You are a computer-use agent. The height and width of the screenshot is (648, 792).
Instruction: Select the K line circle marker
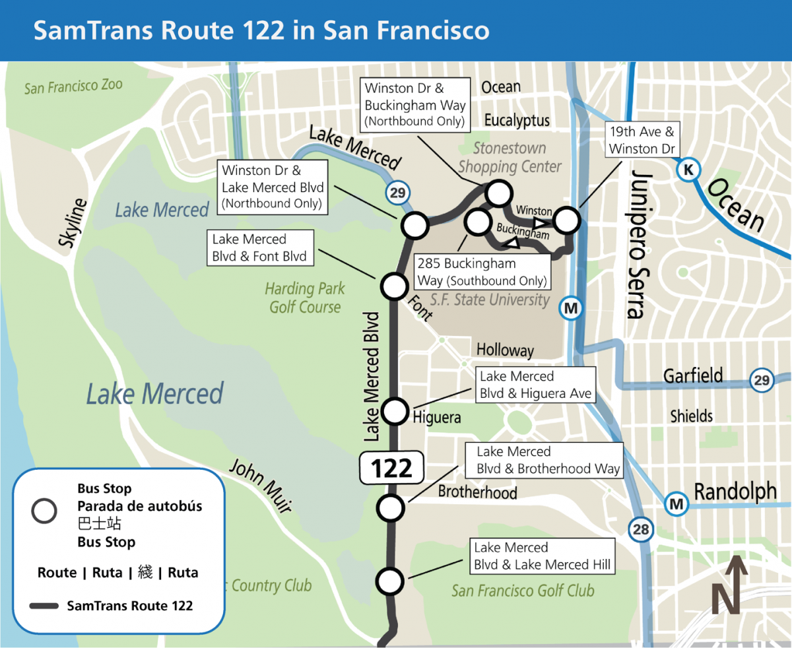(688, 170)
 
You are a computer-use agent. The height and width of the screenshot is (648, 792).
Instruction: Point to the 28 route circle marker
(640, 529)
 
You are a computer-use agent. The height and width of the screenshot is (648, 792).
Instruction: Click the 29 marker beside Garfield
(762, 380)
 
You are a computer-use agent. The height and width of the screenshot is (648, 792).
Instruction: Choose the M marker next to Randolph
(676, 504)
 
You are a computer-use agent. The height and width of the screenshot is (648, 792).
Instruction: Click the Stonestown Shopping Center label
(510, 158)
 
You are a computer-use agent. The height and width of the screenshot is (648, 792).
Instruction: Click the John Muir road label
(260, 486)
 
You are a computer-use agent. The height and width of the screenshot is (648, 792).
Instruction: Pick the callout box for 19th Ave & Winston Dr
(642, 140)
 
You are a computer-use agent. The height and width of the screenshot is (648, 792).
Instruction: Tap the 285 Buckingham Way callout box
(482, 273)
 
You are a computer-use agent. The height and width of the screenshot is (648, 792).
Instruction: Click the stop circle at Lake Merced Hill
(389, 581)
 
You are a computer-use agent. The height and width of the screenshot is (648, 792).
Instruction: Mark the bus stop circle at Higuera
(394, 411)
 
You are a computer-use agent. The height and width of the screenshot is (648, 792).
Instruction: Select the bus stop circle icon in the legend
(44, 511)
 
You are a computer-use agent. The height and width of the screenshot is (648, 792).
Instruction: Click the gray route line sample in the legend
(44, 605)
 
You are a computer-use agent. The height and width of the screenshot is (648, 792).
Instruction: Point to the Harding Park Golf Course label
(305, 298)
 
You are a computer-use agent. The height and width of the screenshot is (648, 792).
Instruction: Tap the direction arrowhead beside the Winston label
(542, 222)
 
